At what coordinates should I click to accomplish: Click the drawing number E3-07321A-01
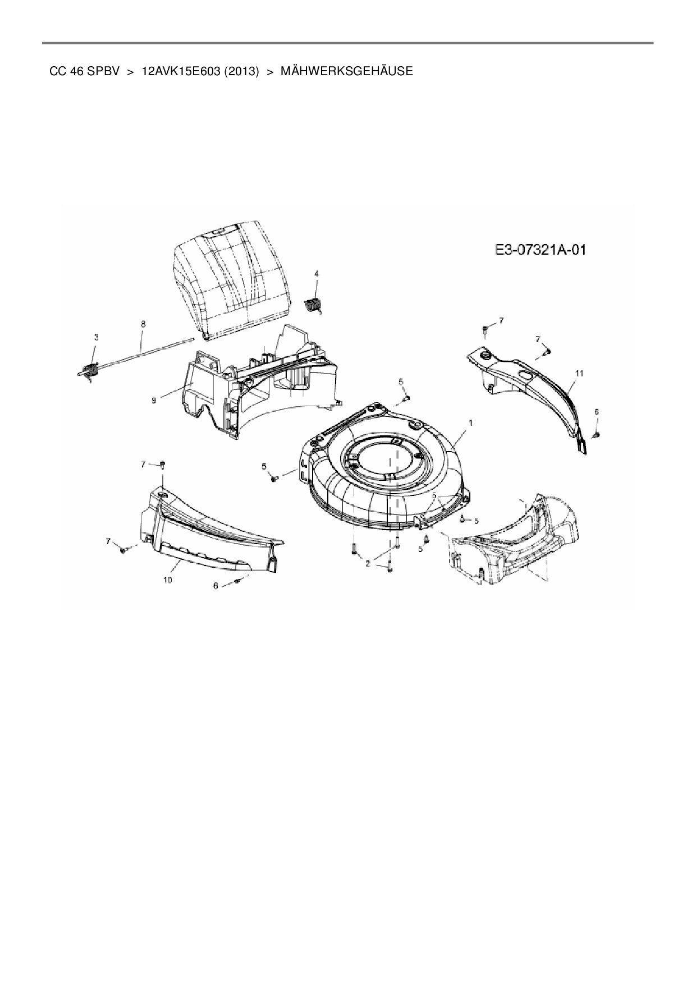coord(541,250)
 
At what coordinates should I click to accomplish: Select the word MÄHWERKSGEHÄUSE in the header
coord(346,71)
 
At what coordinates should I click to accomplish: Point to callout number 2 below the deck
coord(368,563)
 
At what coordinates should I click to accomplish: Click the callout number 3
coord(96,337)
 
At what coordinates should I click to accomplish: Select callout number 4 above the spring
coord(317,273)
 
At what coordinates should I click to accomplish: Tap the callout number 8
coord(143,324)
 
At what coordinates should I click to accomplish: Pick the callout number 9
coord(153,400)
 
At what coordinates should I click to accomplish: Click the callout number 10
coord(167,580)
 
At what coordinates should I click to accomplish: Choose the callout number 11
coord(579,373)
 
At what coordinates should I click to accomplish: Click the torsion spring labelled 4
coord(315,306)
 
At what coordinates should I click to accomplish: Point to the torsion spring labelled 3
coord(90,370)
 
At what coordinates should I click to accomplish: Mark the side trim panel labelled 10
coord(208,533)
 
